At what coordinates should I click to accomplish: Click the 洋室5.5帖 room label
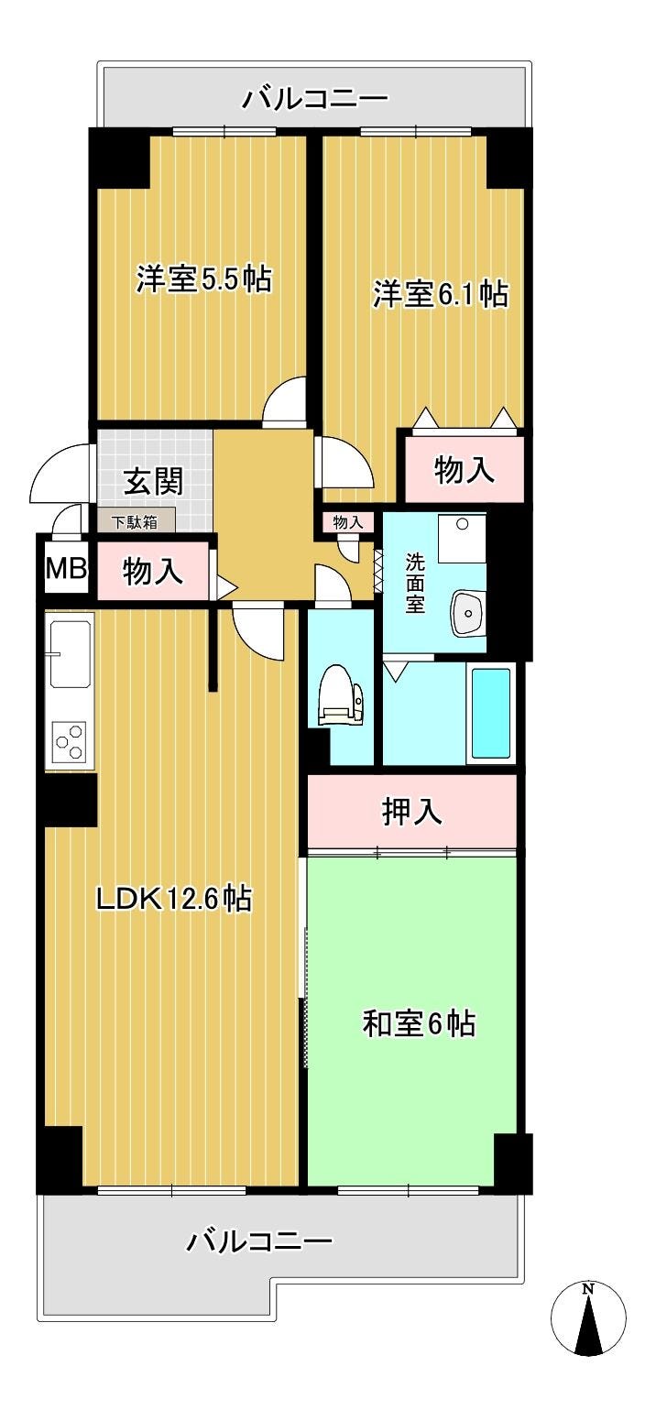click(x=204, y=279)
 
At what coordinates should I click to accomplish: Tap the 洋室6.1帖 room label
click(x=441, y=294)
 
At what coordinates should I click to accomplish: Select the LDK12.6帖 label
click(x=174, y=898)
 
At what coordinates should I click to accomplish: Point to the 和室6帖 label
click(x=419, y=1023)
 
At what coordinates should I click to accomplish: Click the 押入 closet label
click(x=411, y=812)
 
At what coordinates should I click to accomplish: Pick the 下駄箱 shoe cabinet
click(x=135, y=523)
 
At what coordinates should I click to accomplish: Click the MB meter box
click(x=65, y=568)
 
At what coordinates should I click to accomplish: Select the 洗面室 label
click(x=415, y=583)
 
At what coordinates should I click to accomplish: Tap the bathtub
click(x=490, y=713)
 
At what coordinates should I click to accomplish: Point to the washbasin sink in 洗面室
click(x=468, y=613)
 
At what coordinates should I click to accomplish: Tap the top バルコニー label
click(x=315, y=98)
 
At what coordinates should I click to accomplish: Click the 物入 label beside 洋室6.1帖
click(x=465, y=469)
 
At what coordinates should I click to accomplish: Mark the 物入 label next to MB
click(x=153, y=571)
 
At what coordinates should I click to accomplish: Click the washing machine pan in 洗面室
click(x=462, y=538)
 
